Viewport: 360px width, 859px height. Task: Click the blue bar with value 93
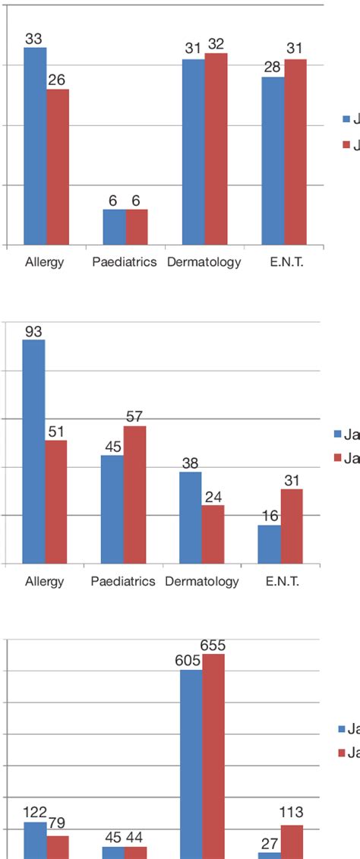click(33, 451)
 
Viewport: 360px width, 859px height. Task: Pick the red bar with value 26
click(58, 167)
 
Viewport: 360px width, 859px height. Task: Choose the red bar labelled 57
click(134, 494)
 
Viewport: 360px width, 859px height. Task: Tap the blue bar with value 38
click(190, 517)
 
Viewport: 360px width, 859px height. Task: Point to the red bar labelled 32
click(216, 149)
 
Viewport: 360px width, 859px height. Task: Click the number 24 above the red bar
click(213, 497)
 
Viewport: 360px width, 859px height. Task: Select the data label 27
click(269, 843)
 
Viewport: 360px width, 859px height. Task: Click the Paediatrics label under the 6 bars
click(125, 262)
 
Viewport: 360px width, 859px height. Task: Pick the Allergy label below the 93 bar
click(44, 582)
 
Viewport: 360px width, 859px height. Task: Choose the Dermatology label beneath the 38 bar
click(202, 582)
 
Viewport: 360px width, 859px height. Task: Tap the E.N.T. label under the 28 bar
click(283, 262)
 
